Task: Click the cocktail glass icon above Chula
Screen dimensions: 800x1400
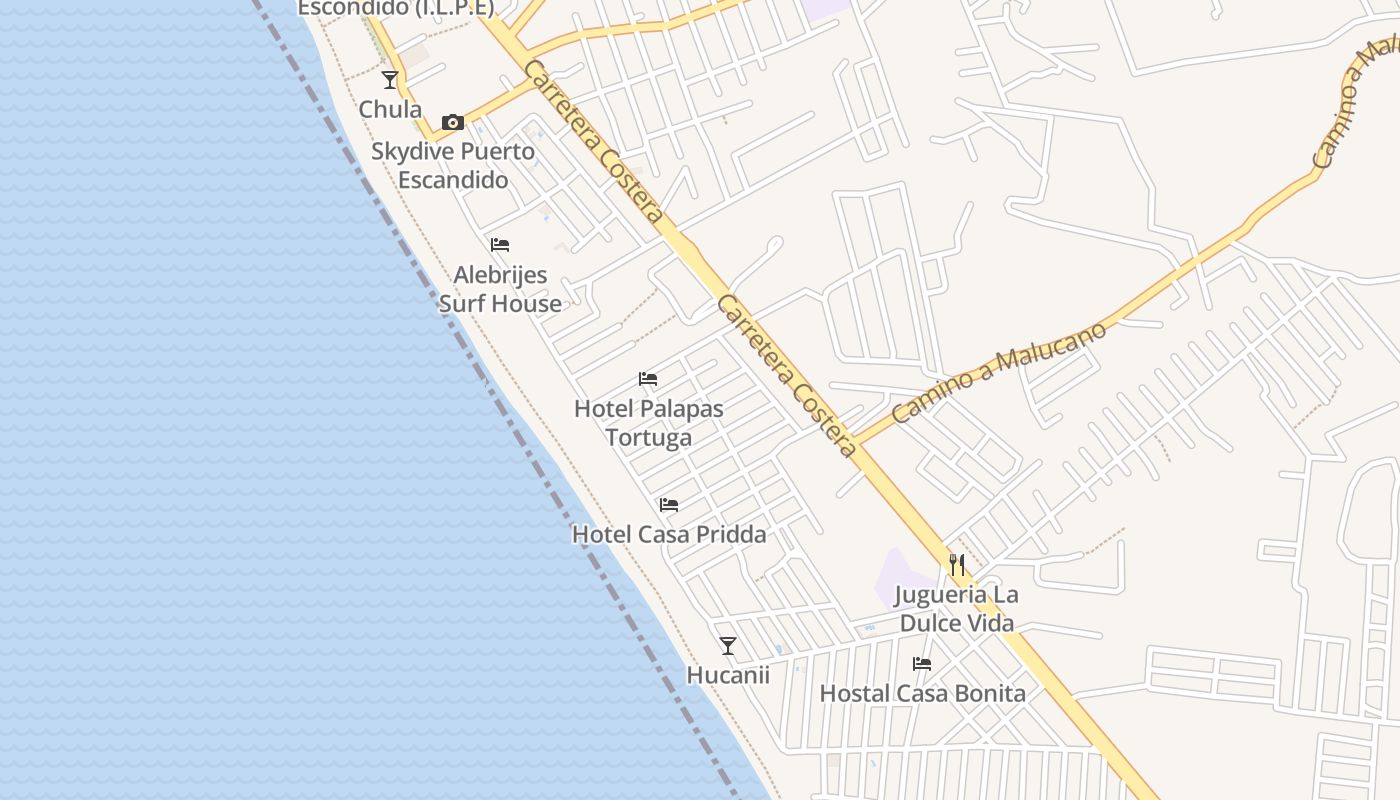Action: click(x=390, y=80)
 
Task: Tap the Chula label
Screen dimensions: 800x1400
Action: click(x=390, y=109)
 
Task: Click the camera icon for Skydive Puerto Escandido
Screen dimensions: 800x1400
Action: click(x=453, y=123)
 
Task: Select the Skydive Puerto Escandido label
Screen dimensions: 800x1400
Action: click(x=453, y=166)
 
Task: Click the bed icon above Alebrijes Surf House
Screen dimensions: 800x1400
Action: click(x=500, y=245)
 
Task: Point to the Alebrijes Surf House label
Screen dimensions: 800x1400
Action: click(x=500, y=289)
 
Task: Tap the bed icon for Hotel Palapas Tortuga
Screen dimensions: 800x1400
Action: click(x=648, y=379)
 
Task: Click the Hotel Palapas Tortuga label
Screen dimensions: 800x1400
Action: click(x=648, y=423)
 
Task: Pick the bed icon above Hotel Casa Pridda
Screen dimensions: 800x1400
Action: click(x=669, y=505)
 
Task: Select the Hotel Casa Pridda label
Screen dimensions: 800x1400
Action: click(x=669, y=534)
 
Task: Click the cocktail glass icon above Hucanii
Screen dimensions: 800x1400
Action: click(x=728, y=646)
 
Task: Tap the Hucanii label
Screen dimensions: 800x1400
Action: click(x=728, y=675)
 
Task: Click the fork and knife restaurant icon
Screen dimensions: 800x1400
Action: click(x=957, y=565)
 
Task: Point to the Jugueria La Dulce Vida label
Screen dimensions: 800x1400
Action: click(x=957, y=609)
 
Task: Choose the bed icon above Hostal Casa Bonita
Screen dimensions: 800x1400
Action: click(x=922, y=664)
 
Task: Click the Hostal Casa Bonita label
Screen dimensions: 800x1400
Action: click(x=922, y=693)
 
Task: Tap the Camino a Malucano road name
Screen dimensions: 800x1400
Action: click(x=1000, y=372)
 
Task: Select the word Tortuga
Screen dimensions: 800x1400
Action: click(x=648, y=438)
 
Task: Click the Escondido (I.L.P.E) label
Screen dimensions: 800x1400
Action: click(x=396, y=8)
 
